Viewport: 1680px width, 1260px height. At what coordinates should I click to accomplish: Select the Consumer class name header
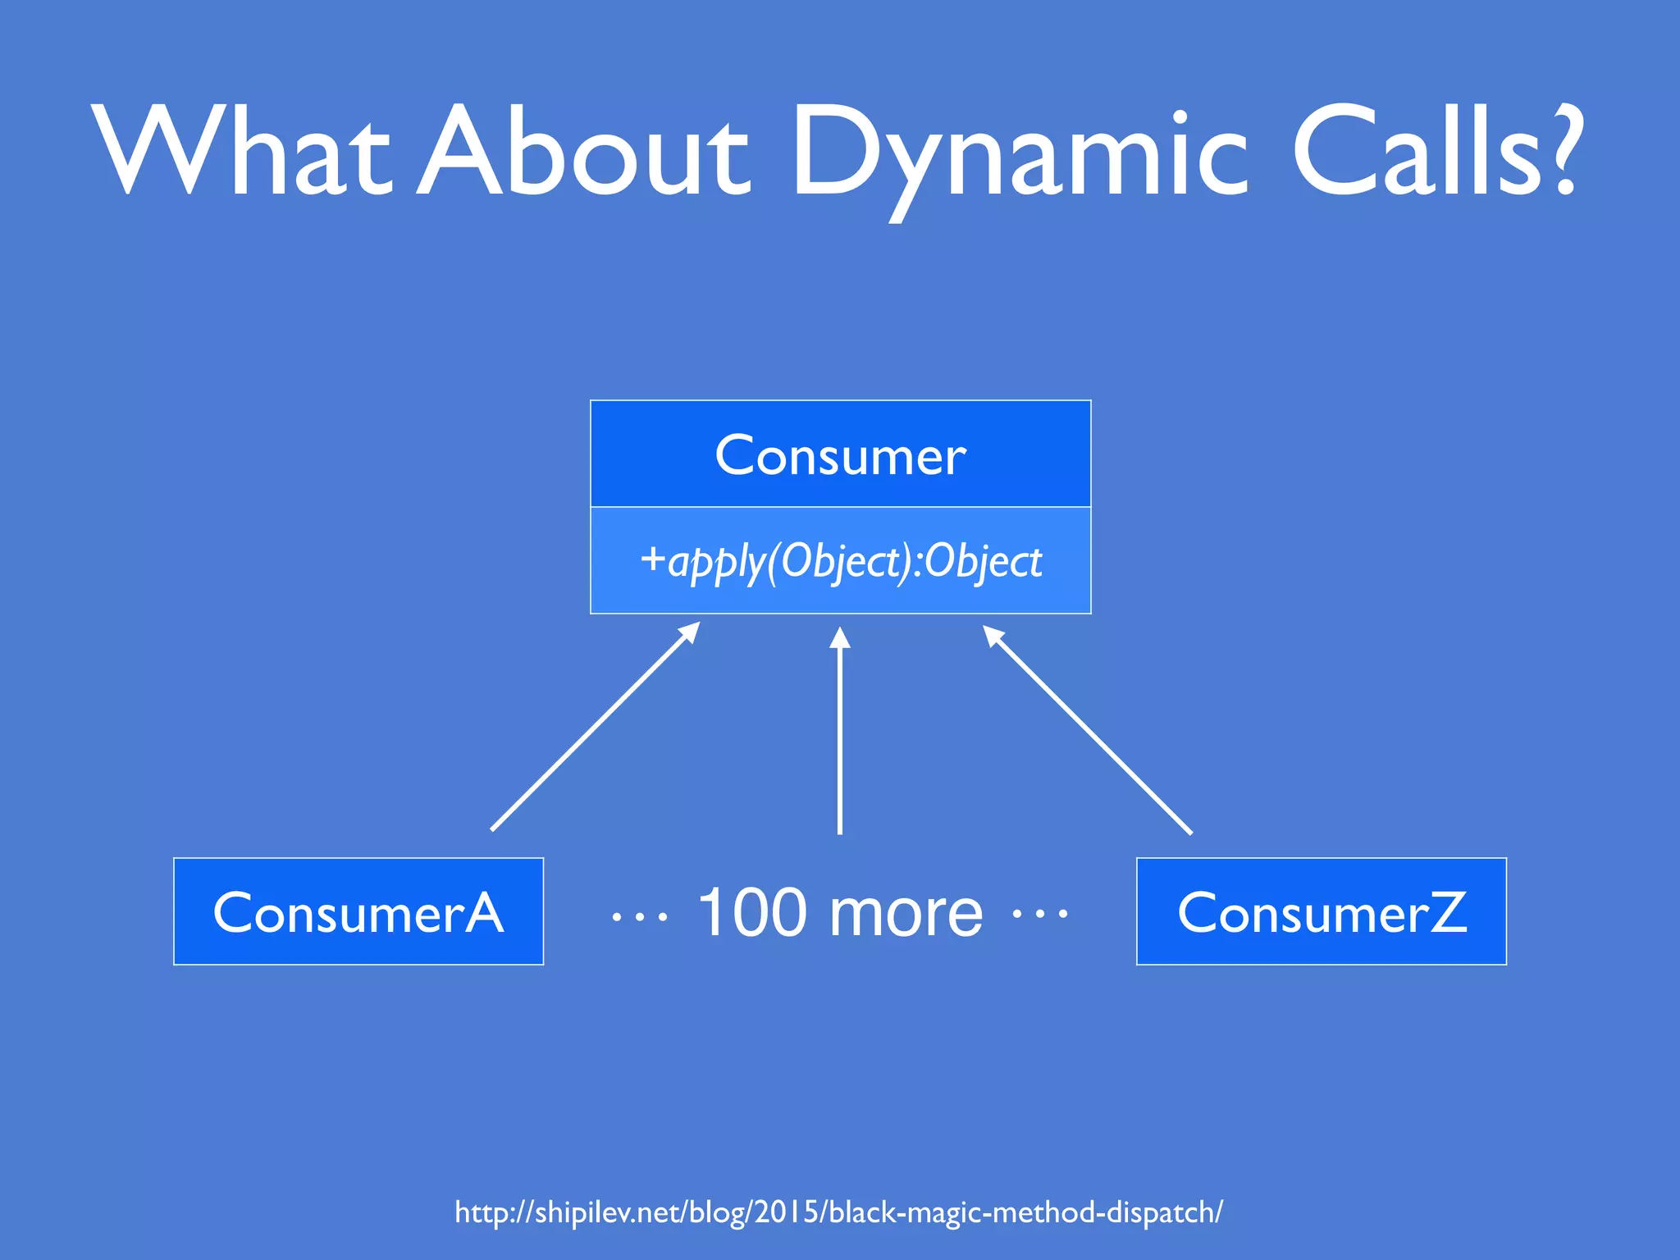[840, 455]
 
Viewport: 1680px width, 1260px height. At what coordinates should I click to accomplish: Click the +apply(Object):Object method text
[853, 562]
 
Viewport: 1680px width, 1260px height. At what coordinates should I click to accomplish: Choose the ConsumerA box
[358, 911]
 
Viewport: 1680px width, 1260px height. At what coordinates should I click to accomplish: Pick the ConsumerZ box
[1321, 911]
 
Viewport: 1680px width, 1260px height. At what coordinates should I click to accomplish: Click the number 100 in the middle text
[751, 912]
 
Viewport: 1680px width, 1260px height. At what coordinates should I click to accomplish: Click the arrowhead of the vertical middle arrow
[839, 638]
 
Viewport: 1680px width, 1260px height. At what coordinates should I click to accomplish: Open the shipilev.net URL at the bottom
[838, 1212]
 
